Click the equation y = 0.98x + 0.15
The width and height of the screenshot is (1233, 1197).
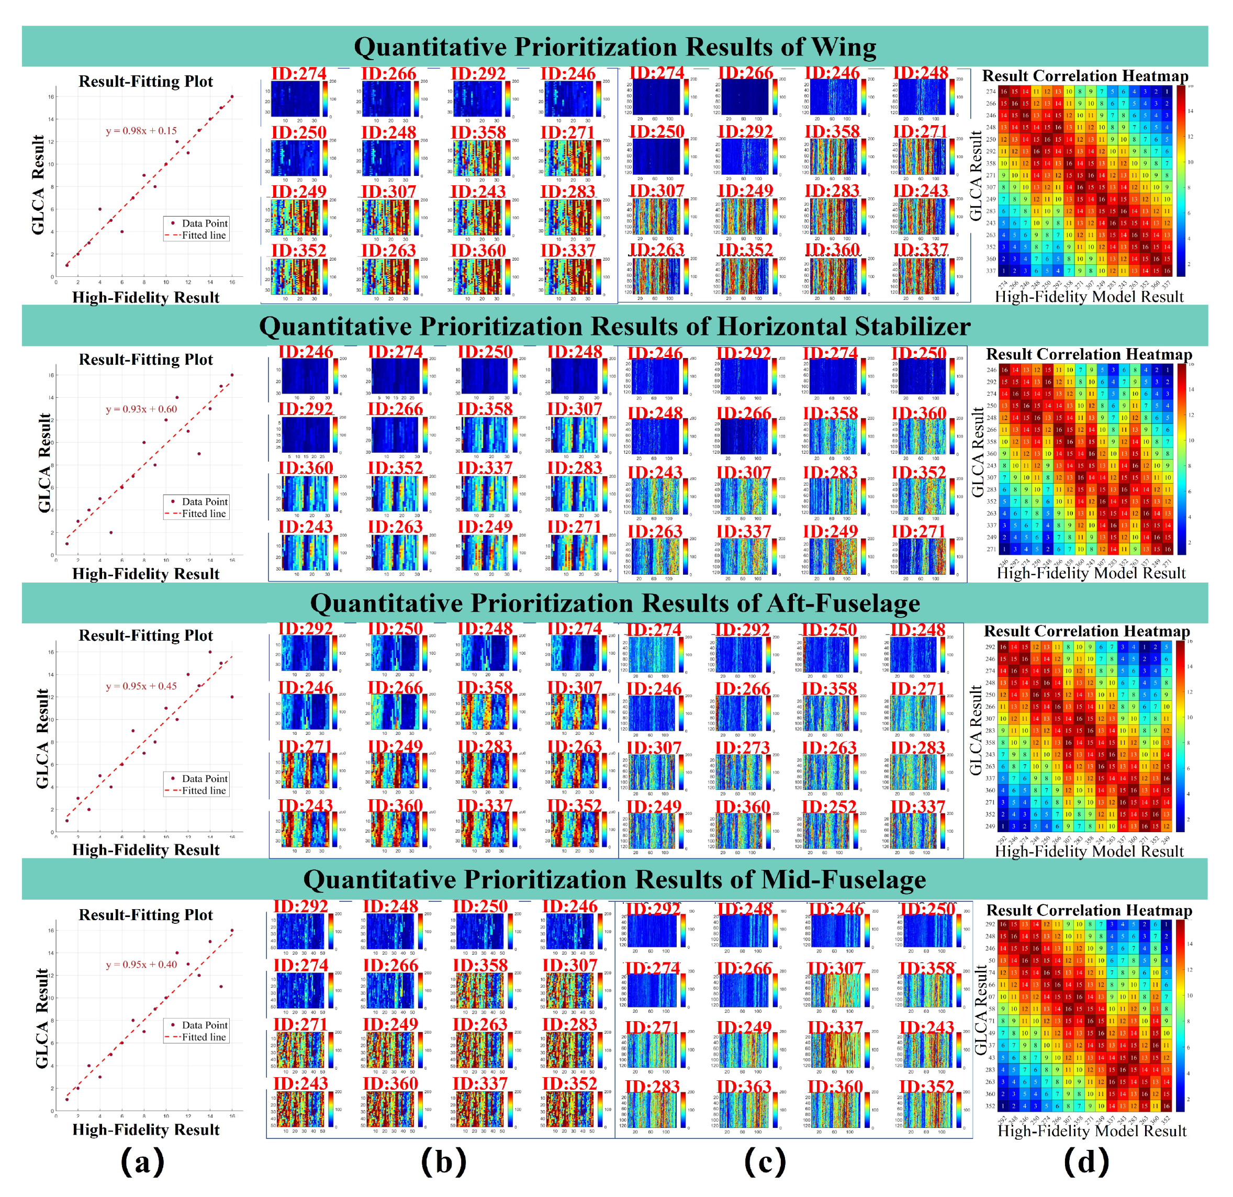point(141,131)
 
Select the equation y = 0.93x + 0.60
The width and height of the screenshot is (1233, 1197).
point(141,409)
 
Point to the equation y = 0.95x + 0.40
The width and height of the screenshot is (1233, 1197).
point(141,964)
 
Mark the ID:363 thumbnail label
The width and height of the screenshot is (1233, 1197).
point(744,1087)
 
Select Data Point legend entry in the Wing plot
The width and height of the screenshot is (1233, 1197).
point(204,223)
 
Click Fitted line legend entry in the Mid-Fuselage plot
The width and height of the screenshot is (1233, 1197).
point(203,1037)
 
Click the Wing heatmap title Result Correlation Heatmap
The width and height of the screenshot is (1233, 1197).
point(1085,76)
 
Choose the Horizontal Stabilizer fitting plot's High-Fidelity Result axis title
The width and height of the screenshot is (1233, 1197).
point(146,574)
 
